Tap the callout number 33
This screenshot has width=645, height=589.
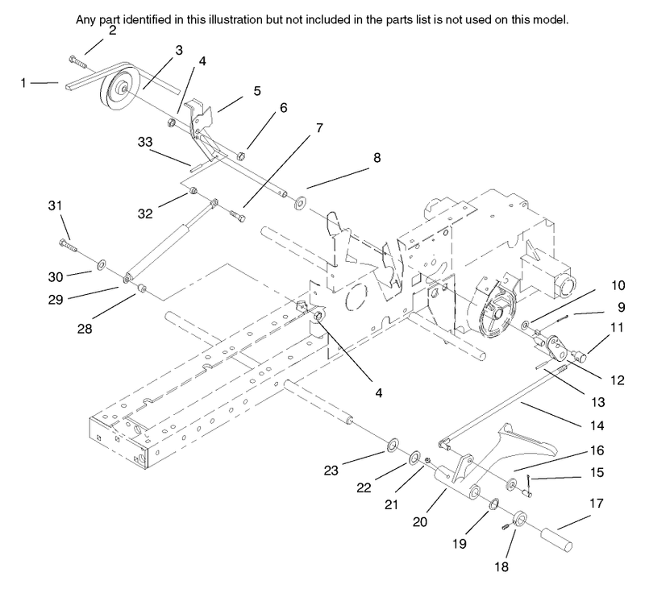145,143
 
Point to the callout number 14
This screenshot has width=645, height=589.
597,425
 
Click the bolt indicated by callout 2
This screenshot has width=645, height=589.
78,62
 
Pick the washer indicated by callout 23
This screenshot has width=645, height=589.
393,444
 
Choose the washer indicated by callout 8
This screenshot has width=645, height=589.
300,202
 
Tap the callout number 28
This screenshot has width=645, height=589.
85,329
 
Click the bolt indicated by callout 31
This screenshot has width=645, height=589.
69,246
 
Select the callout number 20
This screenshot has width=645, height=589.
420,522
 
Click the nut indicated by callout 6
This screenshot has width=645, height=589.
241,156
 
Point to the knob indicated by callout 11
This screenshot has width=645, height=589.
580,355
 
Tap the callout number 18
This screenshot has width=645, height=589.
501,567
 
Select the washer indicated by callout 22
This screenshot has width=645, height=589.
414,457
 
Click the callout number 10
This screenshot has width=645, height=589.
618,285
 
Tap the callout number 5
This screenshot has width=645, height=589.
257,91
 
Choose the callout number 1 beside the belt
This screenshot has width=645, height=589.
23,83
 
